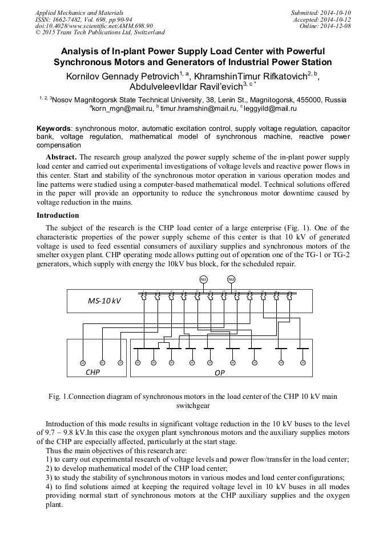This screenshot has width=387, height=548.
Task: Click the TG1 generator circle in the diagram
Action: [203, 279]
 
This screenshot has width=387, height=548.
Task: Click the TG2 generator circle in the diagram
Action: [231, 279]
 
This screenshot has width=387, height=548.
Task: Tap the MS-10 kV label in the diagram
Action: [104, 301]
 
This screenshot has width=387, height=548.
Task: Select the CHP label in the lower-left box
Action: [92, 371]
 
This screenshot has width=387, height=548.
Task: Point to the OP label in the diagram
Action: [220, 373]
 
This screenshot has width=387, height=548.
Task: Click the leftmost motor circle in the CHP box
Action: [82, 363]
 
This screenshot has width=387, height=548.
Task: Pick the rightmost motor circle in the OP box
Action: [303, 362]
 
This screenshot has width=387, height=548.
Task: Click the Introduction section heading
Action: [58, 215]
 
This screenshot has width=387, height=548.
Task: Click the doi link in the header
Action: [94, 26]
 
